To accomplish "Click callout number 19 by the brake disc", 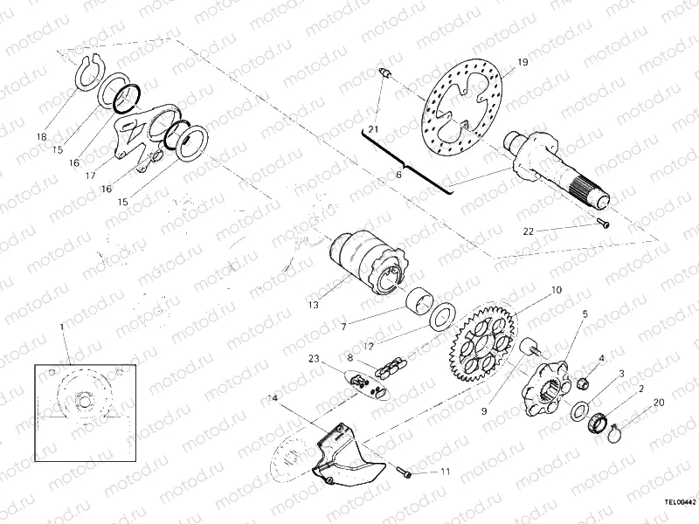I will point(523,62).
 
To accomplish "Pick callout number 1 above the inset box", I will point(62,327).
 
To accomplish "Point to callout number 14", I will point(273,397).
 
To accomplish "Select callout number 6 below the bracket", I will point(398,176).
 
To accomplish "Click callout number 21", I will point(373,129).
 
